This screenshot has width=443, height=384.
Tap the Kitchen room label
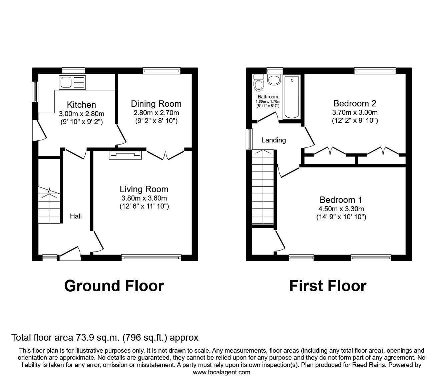[81, 105]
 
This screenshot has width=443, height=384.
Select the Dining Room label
[156, 104]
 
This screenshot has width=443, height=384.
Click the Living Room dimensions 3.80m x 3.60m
[144, 198]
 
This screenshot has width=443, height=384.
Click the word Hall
[76, 216]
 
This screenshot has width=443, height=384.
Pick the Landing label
[274, 140]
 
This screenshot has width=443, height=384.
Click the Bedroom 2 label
[355, 103]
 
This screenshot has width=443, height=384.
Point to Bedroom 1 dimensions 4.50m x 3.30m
[341, 209]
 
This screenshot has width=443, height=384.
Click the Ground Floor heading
[114, 286]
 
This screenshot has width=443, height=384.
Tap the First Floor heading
[328, 286]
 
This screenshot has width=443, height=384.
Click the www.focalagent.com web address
[221, 372]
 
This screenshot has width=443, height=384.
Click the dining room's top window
[161, 70]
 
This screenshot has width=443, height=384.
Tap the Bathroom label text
[268, 97]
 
